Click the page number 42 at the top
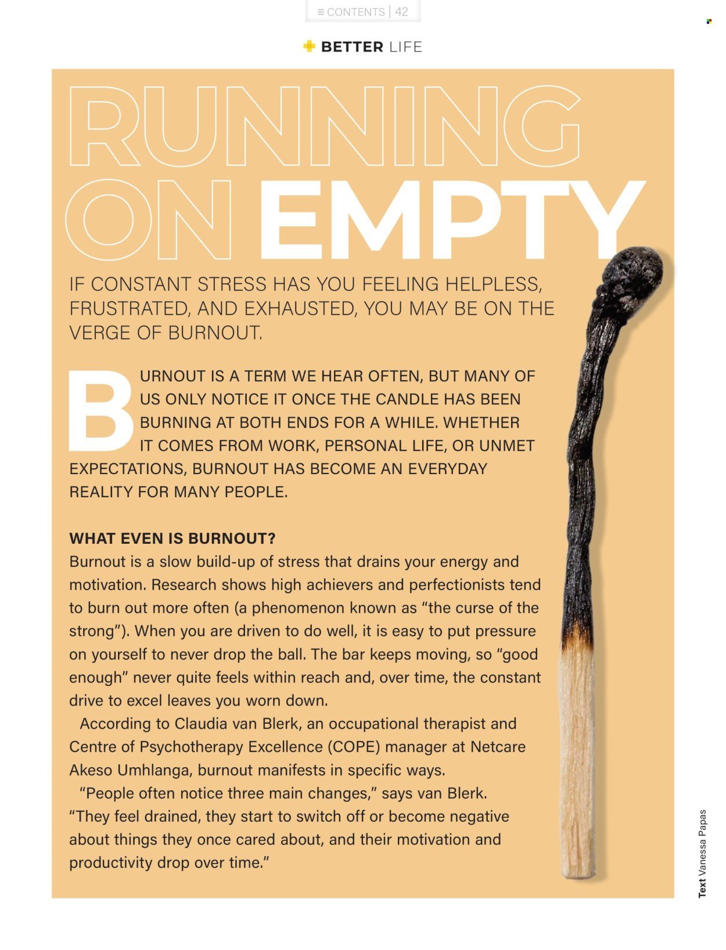[401, 12]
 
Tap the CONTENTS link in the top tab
[355, 12]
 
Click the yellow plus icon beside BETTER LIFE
[310, 46]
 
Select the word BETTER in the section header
[352, 47]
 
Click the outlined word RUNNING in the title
[324, 126]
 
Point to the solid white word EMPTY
[451, 220]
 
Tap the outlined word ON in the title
[149, 220]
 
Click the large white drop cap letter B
[100, 411]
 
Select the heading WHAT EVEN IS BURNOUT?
[172, 539]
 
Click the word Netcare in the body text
[498, 747]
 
